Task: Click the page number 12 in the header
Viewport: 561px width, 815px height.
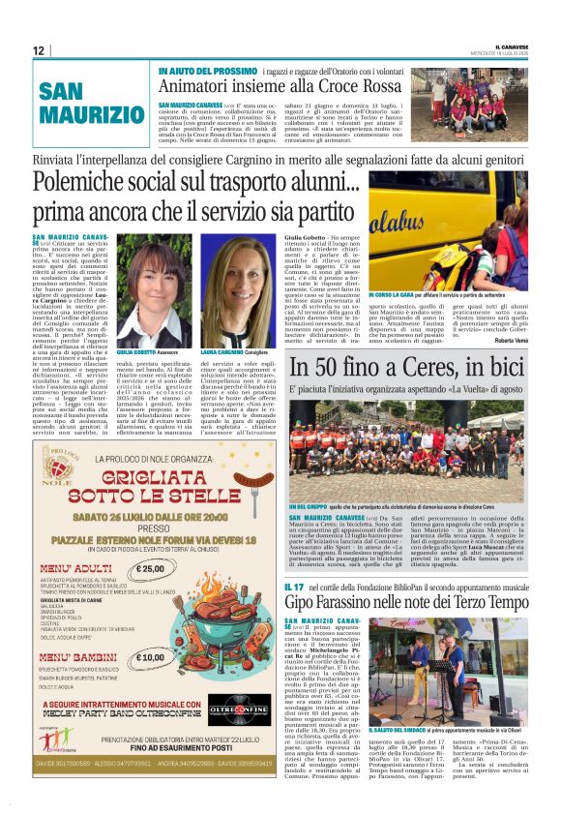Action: pos(39,50)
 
